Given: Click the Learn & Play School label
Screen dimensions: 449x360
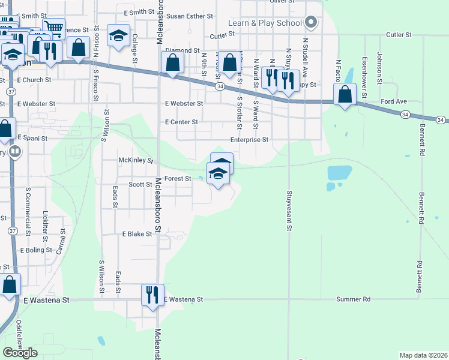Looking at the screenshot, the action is tap(265, 23).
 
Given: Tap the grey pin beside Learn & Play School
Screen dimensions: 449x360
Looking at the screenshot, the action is tap(310, 23).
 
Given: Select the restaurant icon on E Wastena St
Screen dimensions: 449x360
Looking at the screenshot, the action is tap(152, 295).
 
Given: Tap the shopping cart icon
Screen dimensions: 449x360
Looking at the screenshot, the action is tap(53, 28).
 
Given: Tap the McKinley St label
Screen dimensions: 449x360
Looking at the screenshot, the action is tap(137, 161).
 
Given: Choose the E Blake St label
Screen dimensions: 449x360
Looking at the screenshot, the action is tap(137, 234).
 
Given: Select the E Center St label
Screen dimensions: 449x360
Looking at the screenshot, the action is tap(182, 122).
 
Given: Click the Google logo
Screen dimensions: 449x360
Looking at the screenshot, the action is tap(20, 352).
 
